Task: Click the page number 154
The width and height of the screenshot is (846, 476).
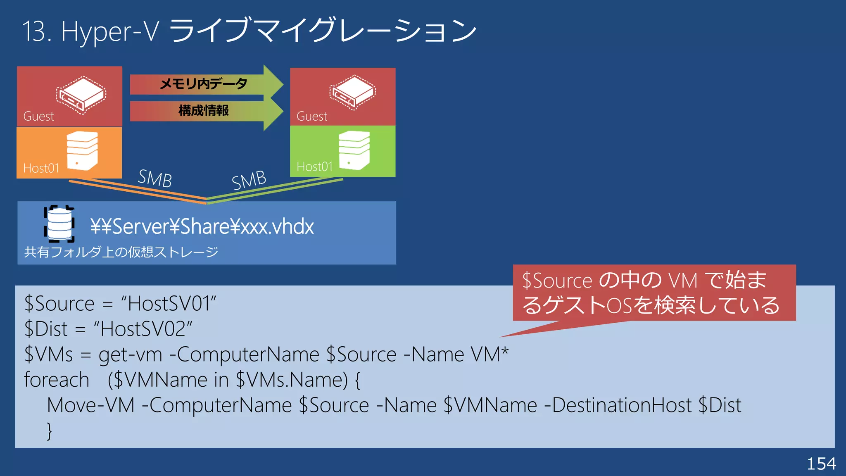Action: coord(821,464)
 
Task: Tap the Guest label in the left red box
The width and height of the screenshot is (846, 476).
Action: coord(38,117)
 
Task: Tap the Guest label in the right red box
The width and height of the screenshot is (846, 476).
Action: coord(312,117)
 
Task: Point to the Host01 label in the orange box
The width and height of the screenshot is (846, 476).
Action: coord(41,168)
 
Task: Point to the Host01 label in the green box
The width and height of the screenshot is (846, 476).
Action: coord(314,167)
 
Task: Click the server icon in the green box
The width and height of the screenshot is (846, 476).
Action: coord(354,150)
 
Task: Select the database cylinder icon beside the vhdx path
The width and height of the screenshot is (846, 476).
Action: coord(59,224)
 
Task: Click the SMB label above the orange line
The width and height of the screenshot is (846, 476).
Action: coord(154,178)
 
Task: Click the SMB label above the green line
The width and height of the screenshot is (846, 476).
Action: coord(249,180)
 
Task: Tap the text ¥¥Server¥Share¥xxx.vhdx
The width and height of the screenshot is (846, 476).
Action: coord(202,226)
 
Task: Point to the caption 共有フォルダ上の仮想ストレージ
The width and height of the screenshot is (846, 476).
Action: coord(121,252)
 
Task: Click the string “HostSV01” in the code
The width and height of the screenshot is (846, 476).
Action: coord(169,304)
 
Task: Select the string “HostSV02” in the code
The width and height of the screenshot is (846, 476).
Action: coord(143,329)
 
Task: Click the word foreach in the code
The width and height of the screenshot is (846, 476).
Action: coord(57,380)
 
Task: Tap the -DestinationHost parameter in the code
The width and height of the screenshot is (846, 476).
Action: coord(618,405)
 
